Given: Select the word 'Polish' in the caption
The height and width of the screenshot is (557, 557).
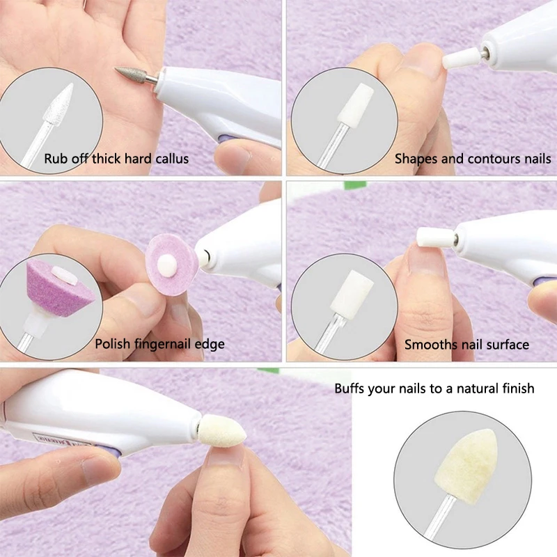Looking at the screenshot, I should click(x=112, y=344).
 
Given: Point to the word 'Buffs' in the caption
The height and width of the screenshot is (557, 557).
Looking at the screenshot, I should click(x=350, y=388).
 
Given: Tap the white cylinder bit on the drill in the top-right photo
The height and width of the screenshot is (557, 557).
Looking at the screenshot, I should click(x=457, y=60).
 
